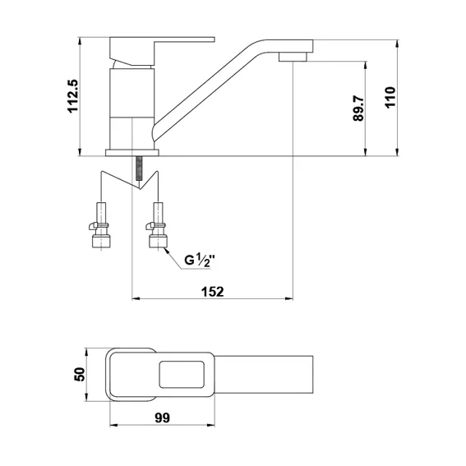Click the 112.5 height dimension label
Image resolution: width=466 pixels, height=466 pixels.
coord(73,96)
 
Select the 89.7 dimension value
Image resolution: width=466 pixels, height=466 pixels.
coord(358,108)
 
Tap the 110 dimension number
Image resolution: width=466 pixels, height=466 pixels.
coord(390,98)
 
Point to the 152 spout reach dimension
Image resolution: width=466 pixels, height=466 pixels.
coord(213,292)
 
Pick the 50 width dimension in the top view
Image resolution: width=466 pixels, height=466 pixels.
coord(80,374)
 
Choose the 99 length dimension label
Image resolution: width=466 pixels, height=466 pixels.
coord(162,418)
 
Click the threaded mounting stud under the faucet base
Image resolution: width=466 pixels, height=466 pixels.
coord(139,168)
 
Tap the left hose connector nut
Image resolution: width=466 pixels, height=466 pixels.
coord(101,241)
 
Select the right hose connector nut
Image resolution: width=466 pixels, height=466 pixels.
coord(158,241)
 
